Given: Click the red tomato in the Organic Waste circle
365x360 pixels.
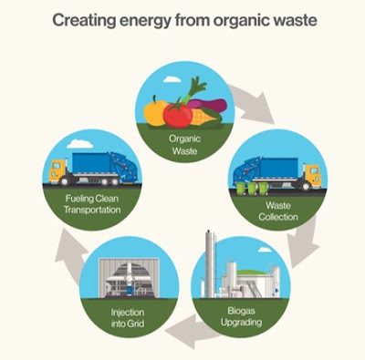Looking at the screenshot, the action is click(x=178, y=116).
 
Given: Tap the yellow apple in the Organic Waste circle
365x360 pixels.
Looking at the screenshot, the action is click(x=155, y=112).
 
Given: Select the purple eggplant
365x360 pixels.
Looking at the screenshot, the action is click(x=207, y=106).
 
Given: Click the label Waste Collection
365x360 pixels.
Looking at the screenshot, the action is click(x=278, y=211).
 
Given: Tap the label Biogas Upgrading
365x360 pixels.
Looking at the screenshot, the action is click(x=241, y=316).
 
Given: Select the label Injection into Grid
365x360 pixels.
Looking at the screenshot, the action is click(x=128, y=318).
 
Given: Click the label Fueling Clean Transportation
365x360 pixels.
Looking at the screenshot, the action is click(x=92, y=204).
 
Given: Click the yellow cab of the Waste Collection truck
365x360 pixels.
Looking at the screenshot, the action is click(x=313, y=176).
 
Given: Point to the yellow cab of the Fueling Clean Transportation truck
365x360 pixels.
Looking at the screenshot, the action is click(x=57, y=171).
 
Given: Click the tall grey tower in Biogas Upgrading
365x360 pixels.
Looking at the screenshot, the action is click(x=210, y=263).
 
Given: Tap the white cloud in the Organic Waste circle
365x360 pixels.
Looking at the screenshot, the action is click(x=172, y=79).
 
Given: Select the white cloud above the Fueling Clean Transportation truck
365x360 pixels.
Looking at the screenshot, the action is click(x=80, y=144).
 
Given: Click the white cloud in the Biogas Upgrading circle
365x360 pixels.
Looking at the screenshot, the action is click(x=265, y=250).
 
